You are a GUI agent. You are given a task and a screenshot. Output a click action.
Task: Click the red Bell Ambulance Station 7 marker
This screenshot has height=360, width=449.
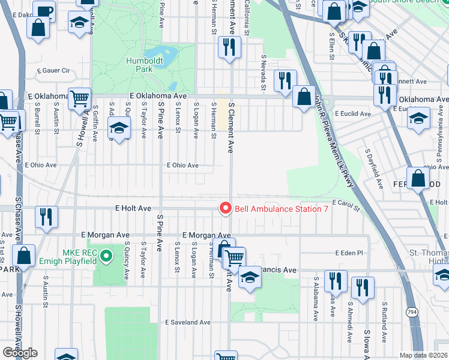coord(226,208)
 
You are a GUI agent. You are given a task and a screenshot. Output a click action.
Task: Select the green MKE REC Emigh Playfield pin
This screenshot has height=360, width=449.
coord(106,256)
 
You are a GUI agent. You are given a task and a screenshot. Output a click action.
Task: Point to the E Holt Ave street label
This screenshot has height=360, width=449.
coord(133,208)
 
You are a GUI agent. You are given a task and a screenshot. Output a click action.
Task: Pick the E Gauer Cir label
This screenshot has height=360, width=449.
coord(53,70)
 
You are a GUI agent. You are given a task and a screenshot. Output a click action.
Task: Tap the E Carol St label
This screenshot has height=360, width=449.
coord(346,206)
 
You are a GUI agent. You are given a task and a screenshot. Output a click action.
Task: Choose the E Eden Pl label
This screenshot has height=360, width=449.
coord(349,253)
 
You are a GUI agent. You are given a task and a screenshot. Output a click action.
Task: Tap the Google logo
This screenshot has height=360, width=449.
coord(20,353)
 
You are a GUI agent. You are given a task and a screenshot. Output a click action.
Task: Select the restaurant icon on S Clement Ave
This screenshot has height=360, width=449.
coord(229,47)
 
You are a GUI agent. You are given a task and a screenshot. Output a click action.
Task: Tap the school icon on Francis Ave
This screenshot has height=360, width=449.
coord(249,277)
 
